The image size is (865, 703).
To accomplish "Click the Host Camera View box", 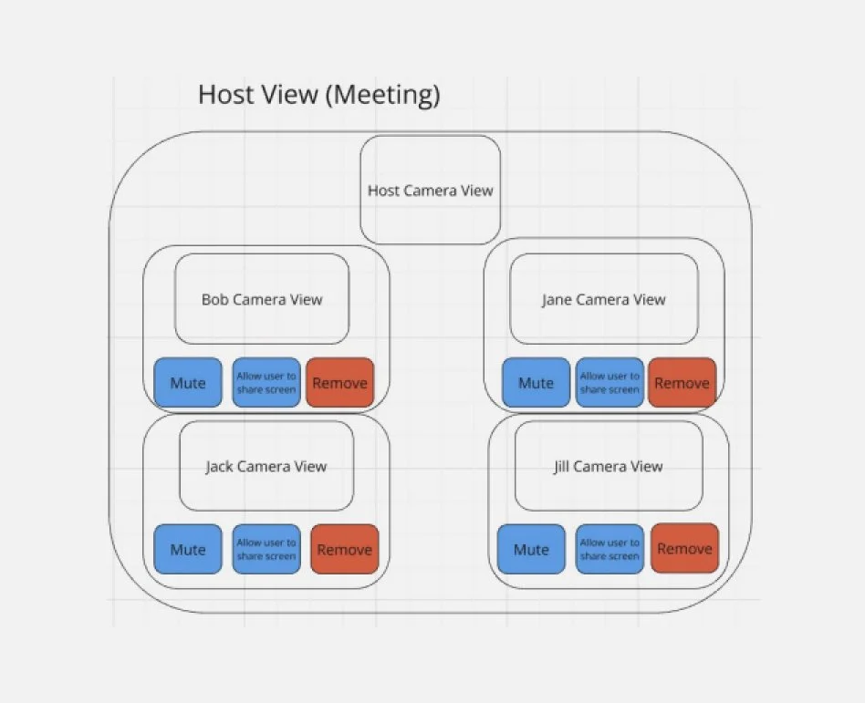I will click(x=430, y=190).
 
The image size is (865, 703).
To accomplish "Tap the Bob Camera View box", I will click(x=262, y=299).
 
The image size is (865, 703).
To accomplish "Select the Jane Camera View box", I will click(x=603, y=299).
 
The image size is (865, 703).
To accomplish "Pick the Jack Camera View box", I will click(x=266, y=466).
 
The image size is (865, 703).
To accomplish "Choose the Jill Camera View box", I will click(x=609, y=466).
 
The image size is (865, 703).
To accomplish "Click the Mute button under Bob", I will click(x=188, y=383).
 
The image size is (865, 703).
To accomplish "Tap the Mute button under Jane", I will click(x=536, y=383).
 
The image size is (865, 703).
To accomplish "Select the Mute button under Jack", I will click(x=188, y=549).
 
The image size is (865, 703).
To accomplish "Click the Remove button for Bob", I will click(x=339, y=383).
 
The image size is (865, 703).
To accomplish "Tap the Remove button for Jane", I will click(x=682, y=383).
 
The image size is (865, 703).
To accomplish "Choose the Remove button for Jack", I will click(x=344, y=549).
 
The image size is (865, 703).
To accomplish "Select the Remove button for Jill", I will click(x=684, y=549).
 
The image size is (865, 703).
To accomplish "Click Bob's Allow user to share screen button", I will click(x=266, y=383).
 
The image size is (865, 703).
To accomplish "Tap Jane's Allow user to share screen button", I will click(x=610, y=383).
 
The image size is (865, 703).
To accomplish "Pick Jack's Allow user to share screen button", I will click(x=266, y=549).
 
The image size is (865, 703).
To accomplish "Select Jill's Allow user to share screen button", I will click(x=610, y=549).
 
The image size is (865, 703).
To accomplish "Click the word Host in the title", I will click(x=224, y=94).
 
